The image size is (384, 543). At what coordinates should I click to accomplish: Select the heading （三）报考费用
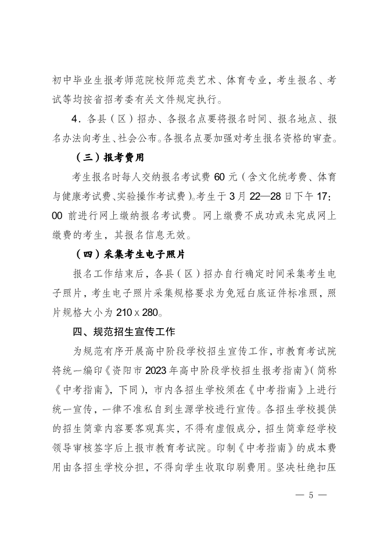(109, 157)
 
